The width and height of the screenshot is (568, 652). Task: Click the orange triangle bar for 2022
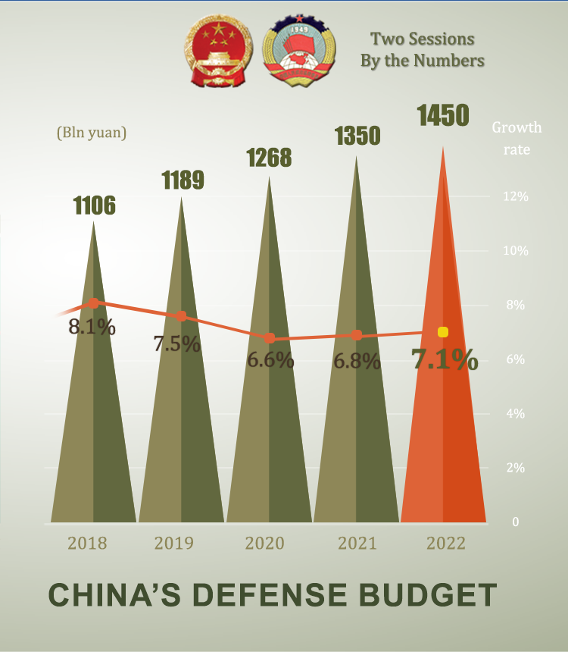coord(443,425)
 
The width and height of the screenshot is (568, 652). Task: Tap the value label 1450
coord(443,116)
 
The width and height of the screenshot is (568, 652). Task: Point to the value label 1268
coord(269,158)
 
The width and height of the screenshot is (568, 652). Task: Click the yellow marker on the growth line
coord(443,332)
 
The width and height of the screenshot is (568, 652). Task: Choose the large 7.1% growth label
coord(445,359)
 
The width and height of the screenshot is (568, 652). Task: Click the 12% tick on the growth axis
coord(516,196)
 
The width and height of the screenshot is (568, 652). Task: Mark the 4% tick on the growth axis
coord(516,413)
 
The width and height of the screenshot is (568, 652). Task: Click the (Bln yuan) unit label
coord(92,132)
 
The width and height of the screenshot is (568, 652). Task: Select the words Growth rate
coord(517,138)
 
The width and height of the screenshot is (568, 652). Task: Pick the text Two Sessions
coord(422,39)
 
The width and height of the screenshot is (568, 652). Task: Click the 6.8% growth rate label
coord(357,361)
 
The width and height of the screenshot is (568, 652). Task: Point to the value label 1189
coord(183,180)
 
